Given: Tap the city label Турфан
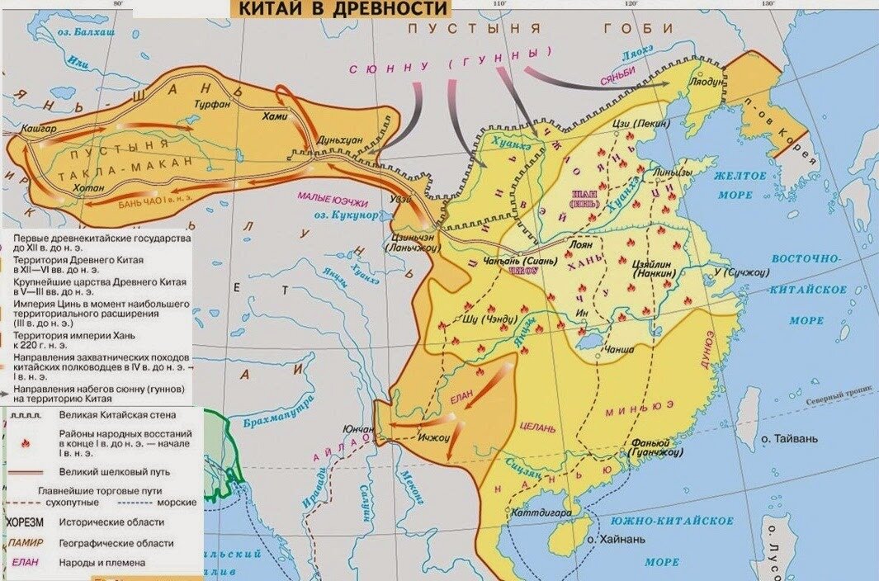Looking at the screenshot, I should click(x=210, y=106).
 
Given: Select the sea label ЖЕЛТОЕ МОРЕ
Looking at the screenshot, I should click(x=734, y=185).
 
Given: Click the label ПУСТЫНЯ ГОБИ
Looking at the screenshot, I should click(x=541, y=28).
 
